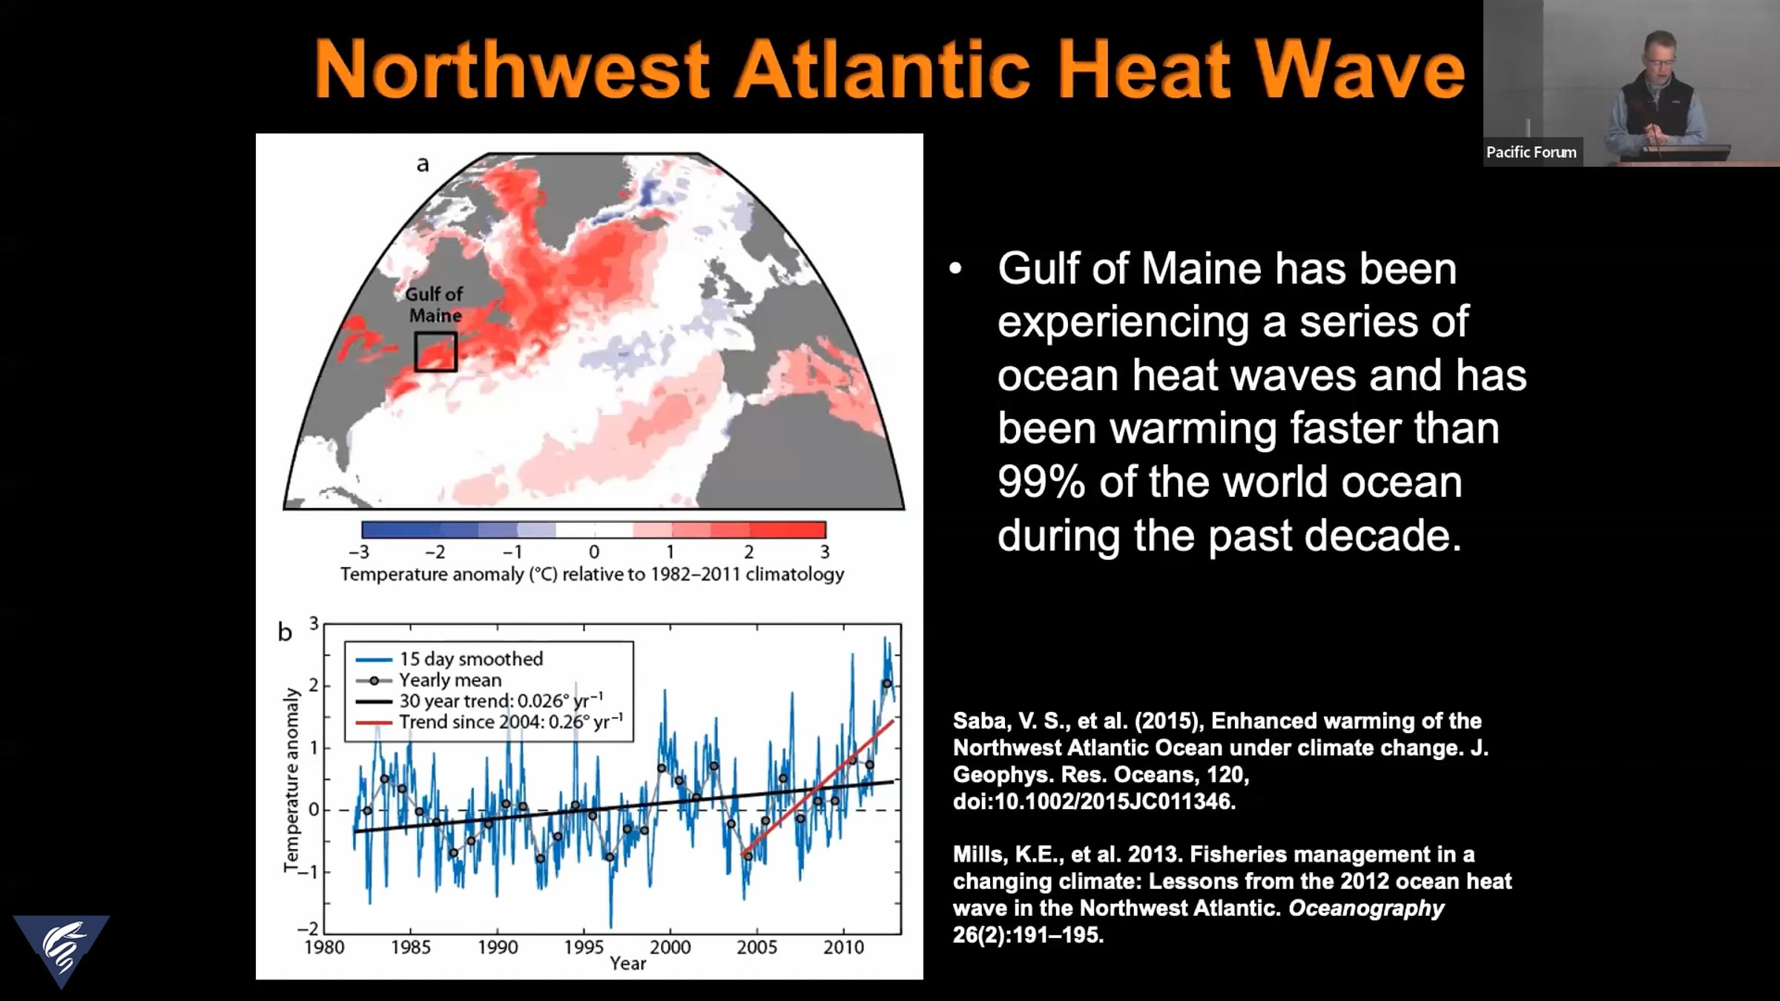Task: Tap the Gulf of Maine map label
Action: [x=435, y=305]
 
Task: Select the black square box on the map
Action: [x=435, y=351]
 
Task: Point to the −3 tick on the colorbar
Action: [x=359, y=552]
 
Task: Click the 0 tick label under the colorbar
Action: [x=594, y=552]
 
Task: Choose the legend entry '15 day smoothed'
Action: [x=450, y=658]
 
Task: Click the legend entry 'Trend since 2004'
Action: [x=489, y=722]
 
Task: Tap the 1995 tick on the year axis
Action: [x=584, y=947]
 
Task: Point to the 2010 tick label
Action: [x=843, y=947]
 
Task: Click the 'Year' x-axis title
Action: [x=627, y=963]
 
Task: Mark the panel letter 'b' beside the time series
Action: [x=285, y=632]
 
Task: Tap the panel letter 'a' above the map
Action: [x=423, y=164]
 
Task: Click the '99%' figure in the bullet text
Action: [x=1041, y=482]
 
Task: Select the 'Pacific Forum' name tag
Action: [x=1531, y=152]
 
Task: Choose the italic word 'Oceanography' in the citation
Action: [x=1366, y=908]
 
